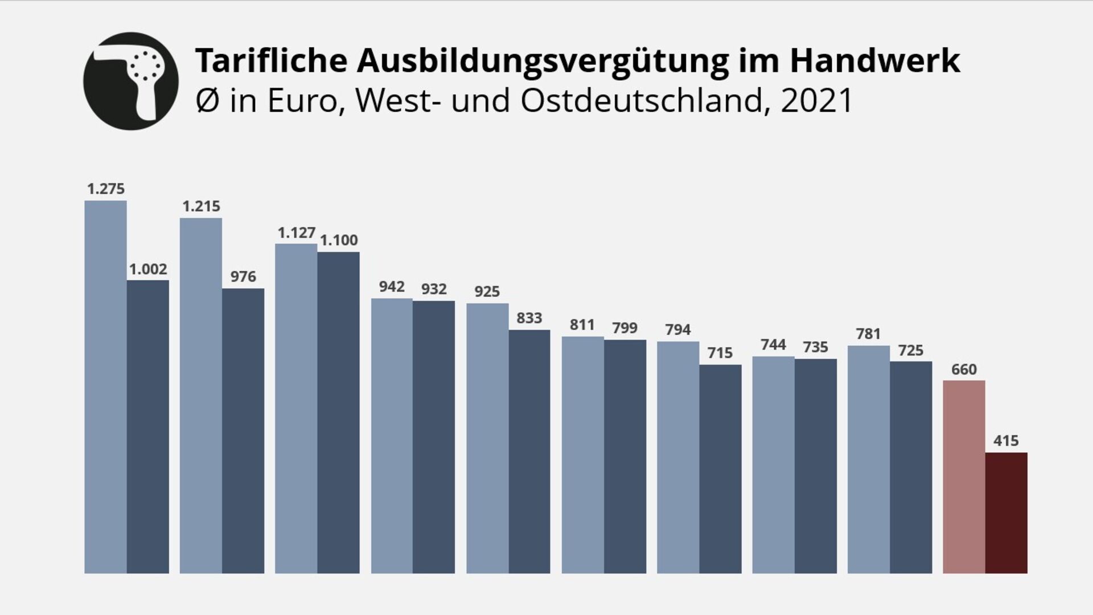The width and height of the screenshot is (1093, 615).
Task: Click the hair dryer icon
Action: click(131, 81)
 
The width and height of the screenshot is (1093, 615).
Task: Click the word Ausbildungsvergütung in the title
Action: click(543, 60)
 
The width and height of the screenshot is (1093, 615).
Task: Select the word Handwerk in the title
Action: click(874, 60)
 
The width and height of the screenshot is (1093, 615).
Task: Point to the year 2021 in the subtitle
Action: click(816, 101)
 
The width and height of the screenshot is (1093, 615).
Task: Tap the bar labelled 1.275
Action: click(105, 387)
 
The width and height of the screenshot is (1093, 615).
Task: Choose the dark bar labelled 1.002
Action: click(148, 427)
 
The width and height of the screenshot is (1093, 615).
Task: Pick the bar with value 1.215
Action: click(201, 396)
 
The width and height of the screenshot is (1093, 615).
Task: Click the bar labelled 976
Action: click(243, 431)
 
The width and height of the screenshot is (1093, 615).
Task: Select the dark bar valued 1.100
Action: click(339, 413)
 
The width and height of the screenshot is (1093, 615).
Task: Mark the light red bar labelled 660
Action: click(964, 477)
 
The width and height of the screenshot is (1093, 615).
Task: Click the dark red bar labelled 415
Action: click(1006, 513)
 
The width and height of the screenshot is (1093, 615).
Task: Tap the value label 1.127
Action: click(296, 233)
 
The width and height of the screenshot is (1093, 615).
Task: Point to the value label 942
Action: click(392, 286)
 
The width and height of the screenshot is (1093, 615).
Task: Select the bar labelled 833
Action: click(529, 452)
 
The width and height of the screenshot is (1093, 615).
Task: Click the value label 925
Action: click(487, 292)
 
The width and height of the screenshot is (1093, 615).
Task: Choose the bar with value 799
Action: click(625, 457)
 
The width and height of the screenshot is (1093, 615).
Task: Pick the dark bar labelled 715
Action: click(720, 469)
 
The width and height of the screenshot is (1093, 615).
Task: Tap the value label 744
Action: click(773, 345)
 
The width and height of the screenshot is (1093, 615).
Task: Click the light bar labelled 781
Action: click(868, 460)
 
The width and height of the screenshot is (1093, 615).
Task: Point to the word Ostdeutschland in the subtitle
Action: click(641, 101)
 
